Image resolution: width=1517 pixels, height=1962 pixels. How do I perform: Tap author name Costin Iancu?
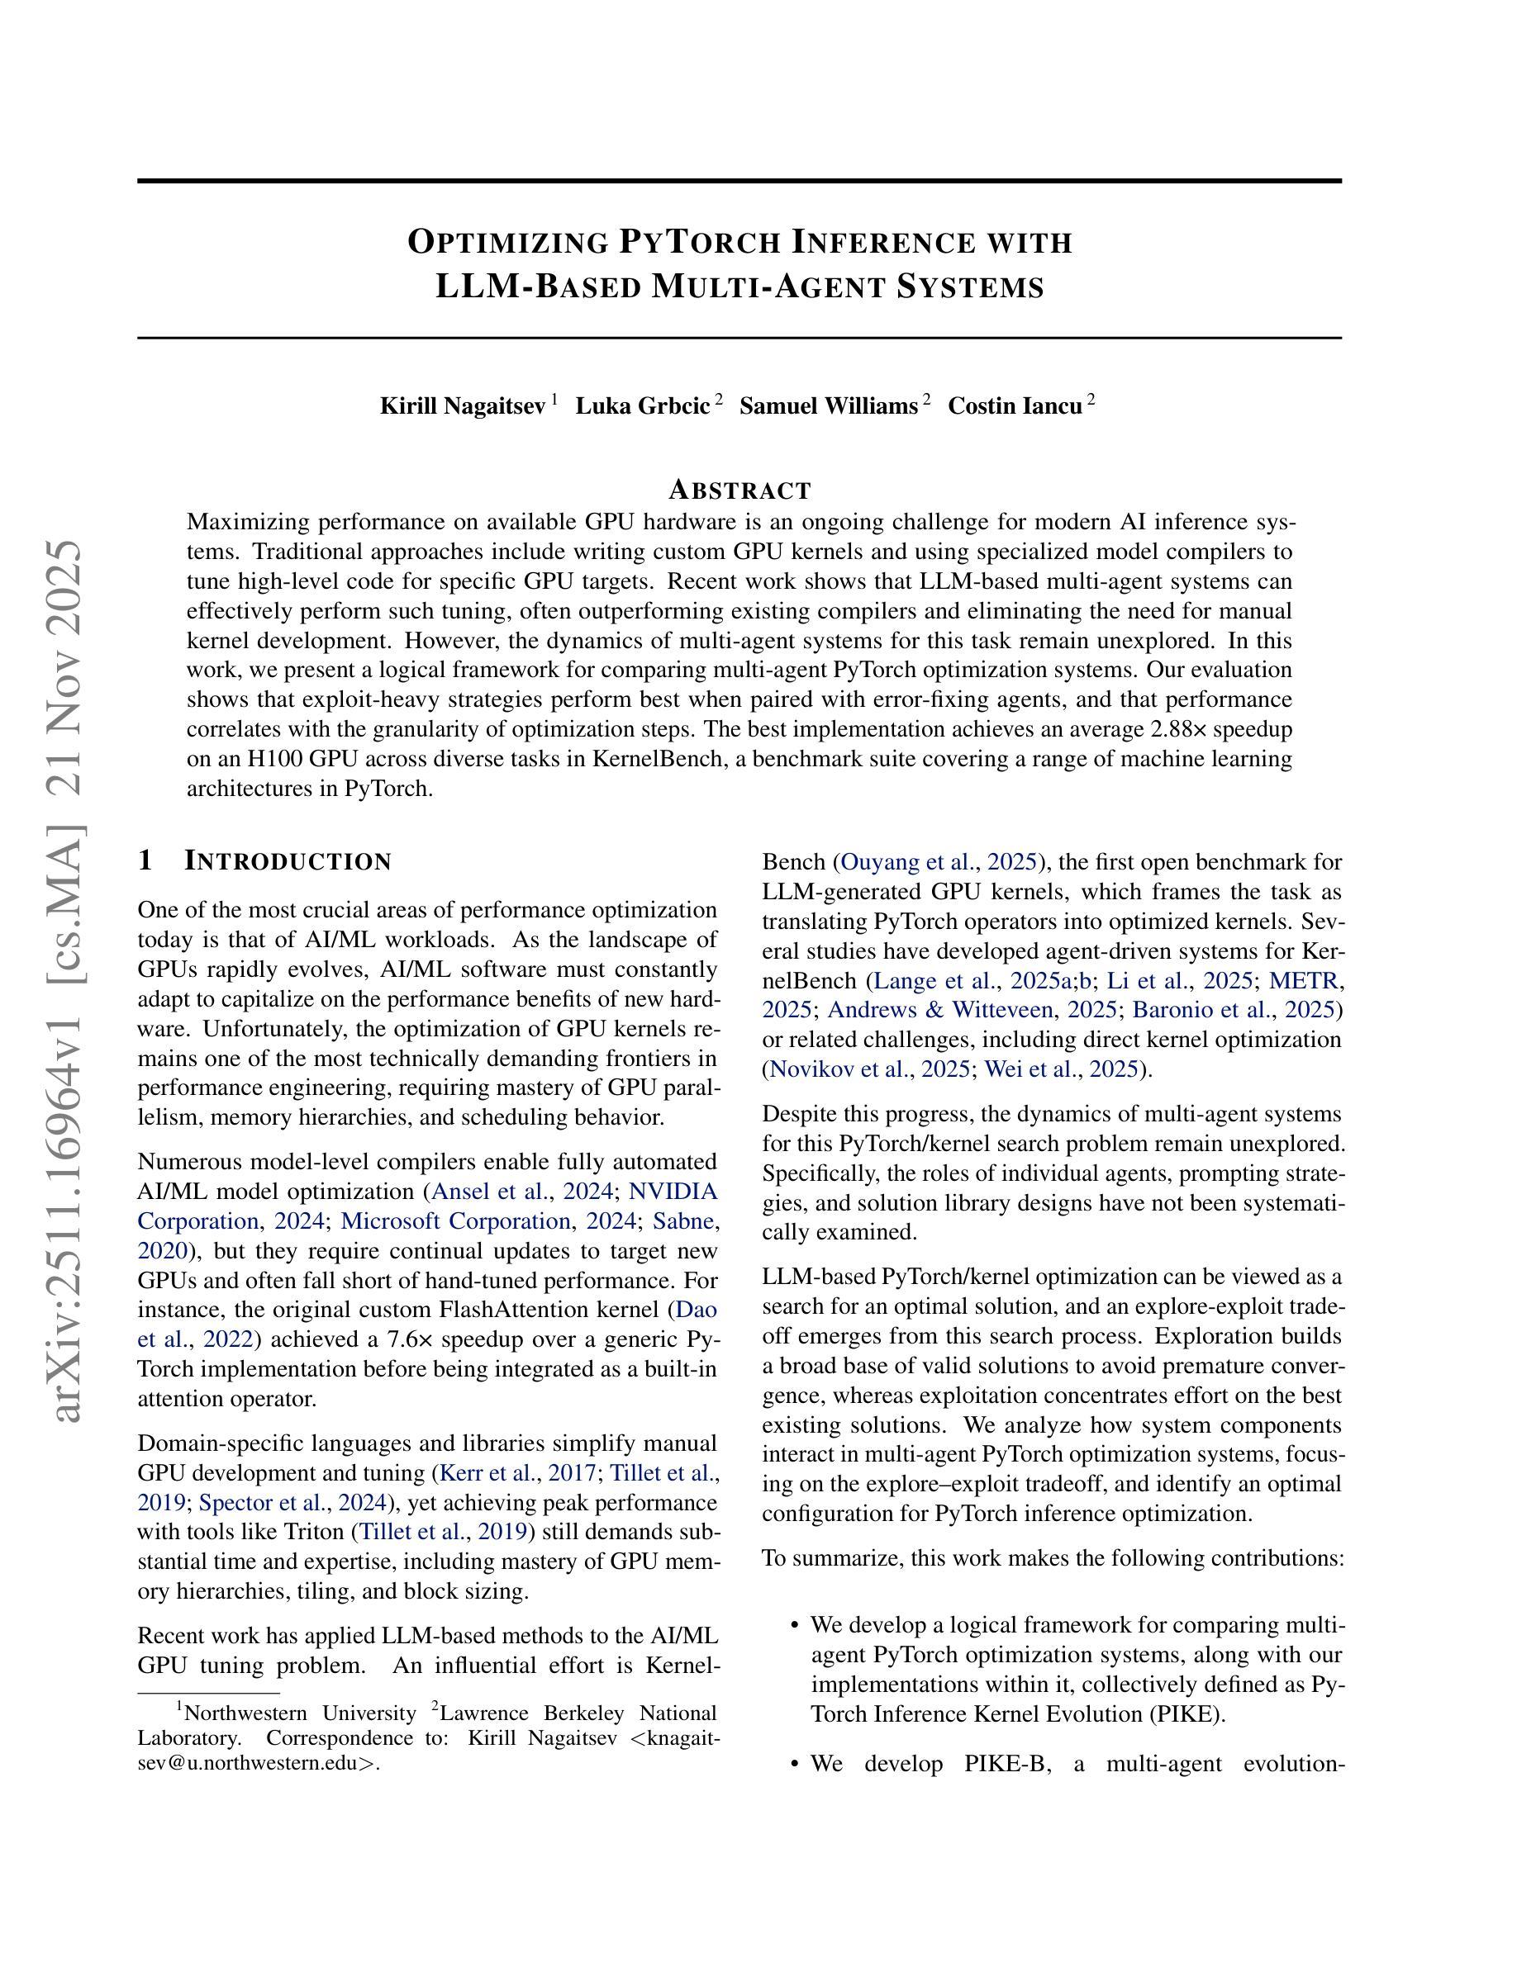click(x=1015, y=407)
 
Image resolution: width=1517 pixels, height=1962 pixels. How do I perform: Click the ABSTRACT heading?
click(x=739, y=490)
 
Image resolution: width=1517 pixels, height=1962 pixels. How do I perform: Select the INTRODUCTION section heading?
click(x=288, y=861)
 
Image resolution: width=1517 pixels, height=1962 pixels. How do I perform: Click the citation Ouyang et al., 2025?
click(x=940, y=862)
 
